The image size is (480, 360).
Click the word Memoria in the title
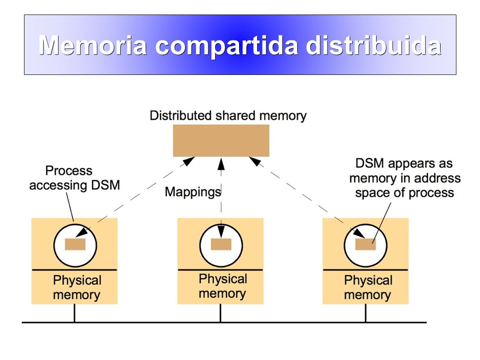(93, 45)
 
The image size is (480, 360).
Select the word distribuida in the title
(374, 45)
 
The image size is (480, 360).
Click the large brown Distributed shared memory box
(221, 141)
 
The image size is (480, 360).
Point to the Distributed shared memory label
(228, 116)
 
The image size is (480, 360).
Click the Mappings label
(193, 192)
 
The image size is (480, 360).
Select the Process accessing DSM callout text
(74, 178)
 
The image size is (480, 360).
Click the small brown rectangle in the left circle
(75, 245)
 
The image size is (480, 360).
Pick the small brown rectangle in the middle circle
(221, 245)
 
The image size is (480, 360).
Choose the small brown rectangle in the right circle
(366, 245)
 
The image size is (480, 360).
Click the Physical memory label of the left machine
(77, 287)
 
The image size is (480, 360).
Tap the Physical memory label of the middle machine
(223, 286)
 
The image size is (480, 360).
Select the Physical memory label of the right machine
(368, 287)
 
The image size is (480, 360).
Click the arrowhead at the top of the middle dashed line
(221, 164)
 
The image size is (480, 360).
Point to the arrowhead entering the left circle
(82, 232)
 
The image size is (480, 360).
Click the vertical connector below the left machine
(74, 313)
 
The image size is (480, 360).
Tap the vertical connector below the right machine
(366, 313)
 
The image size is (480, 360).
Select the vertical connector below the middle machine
(220, 313)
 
